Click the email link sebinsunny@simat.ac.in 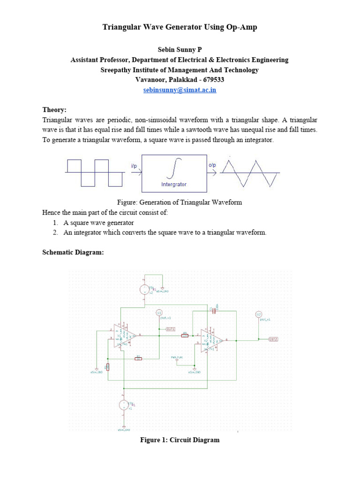(x=180, y=90)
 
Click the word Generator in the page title (x=185, y=27)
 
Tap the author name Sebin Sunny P (x=180, y=49)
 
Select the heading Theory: (x=54, y=110)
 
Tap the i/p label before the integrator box (x=134, y=165)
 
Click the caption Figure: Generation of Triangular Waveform (x=180, y=202)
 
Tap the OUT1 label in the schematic (x=171, y=329)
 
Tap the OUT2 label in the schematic (x=273, y=338)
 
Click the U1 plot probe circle (x=159, y=312)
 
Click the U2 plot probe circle (x=258, y=314)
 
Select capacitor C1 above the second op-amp (x=214, y=310)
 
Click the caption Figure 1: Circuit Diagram (x=180, y=440)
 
